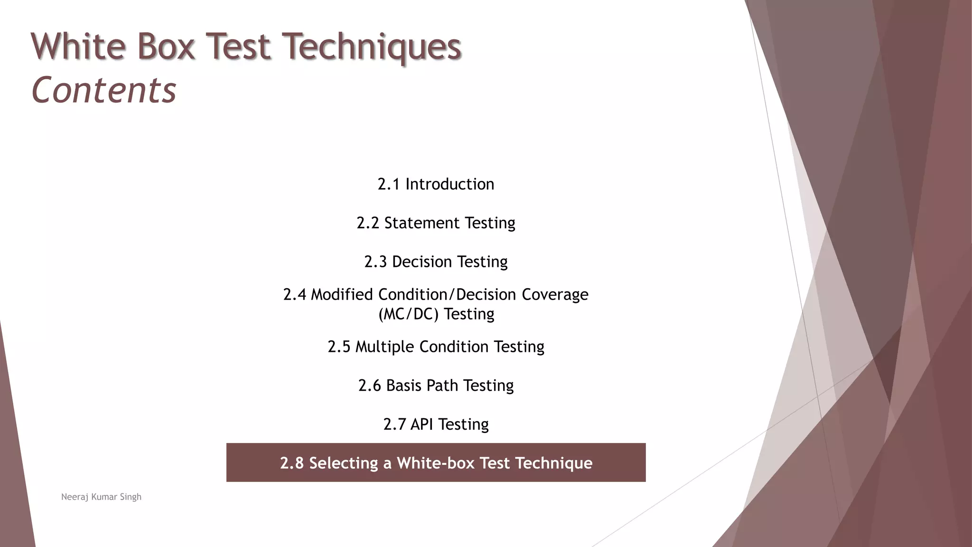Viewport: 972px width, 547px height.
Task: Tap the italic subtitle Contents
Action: (x=103, y=90)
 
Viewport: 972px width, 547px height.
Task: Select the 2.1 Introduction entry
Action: (x=436, y=184)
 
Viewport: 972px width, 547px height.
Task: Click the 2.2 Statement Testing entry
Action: (x=436, y=223)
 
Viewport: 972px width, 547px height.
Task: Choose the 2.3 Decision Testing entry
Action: (x=436, y=262)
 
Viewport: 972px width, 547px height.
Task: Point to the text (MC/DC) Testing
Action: (x=436, y=314)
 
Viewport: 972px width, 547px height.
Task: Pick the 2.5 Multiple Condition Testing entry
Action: (x=436, y=347)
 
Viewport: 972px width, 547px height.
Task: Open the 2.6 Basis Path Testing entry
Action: (x=436, y=386)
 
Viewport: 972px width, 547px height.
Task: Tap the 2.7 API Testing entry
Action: (x=436, y=424)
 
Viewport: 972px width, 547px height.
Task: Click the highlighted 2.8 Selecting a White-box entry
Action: (x=436, y=462)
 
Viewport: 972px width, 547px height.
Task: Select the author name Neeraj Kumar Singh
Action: (x=101, y=497)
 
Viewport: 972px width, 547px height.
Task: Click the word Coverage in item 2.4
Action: (x=555, y=294)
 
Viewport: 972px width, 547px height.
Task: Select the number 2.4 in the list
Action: (x=295, y=294)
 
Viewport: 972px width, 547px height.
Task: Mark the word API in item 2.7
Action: (x=421, y=424)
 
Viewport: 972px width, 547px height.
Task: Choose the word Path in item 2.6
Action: (x=442, y=386)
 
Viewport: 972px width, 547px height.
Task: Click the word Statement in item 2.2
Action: (x=422, y=223)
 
